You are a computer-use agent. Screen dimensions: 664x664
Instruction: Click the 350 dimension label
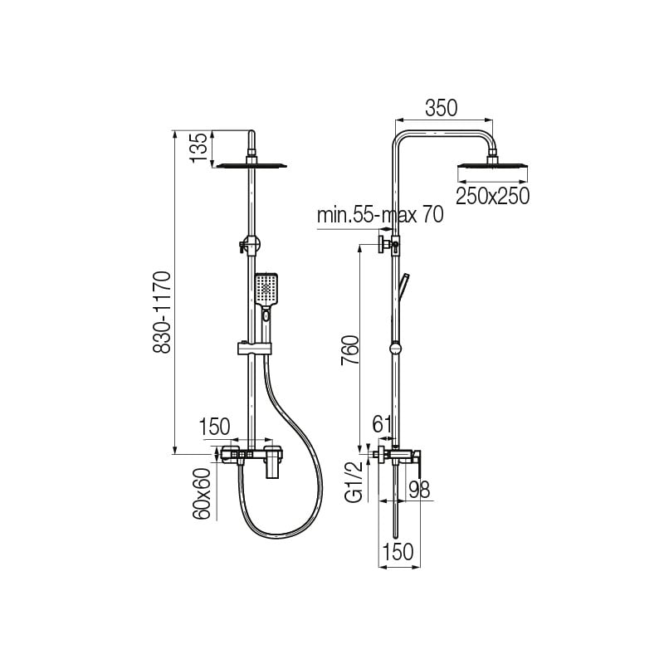442,108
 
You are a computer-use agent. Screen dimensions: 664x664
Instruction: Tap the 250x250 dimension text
492,196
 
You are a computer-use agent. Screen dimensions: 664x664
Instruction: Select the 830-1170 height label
161,313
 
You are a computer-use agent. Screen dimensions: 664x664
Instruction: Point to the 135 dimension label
198,147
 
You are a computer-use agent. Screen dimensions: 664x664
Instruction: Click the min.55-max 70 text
380,215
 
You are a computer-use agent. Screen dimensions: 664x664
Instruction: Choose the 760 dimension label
350,349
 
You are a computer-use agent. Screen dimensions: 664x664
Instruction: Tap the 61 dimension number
382,423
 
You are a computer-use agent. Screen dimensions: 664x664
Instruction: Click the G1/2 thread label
354,481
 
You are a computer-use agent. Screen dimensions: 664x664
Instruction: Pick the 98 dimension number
419,490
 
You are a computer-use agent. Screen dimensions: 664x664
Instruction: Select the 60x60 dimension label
202,494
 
